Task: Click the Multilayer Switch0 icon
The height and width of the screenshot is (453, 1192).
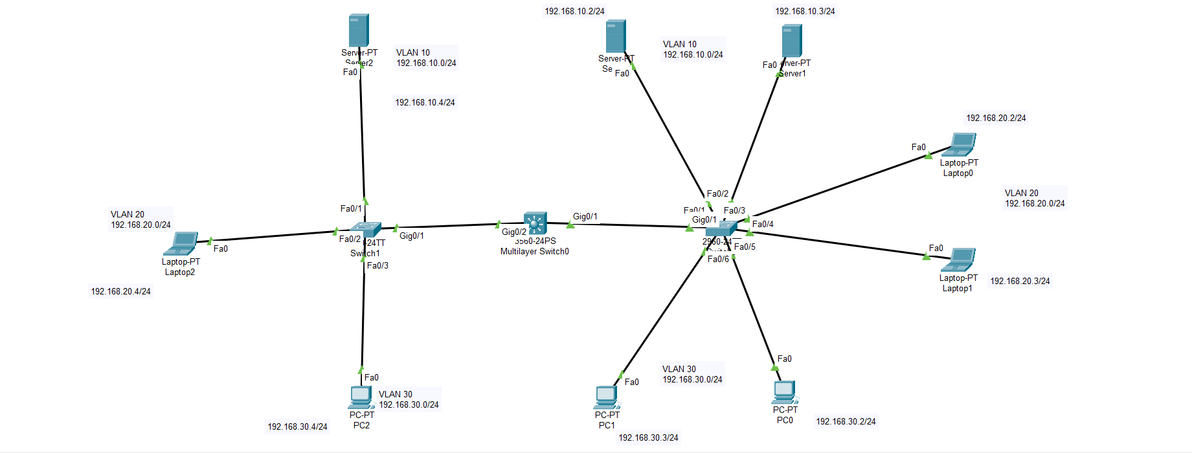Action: (x=535, y=224)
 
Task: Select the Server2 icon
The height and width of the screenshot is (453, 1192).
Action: (x=358, y=30)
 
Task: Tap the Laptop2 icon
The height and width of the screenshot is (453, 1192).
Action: (x=181, y=244)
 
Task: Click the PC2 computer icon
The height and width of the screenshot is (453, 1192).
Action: (x=361, y=397)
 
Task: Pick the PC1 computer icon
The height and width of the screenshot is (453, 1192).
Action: (x=606, y=397)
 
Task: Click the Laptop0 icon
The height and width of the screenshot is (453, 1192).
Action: (x=961, y=144)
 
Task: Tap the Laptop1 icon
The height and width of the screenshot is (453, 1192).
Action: (x=959, y=260)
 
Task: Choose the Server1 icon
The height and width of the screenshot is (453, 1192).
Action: (x=791, y=41)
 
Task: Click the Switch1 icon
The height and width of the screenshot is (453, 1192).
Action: (x=366, y=229)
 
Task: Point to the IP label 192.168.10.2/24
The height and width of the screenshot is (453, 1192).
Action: (x=574, y=11)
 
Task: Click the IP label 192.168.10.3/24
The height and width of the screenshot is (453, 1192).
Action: (x=805, y=11)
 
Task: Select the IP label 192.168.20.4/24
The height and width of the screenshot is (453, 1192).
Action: (x=120, y=291)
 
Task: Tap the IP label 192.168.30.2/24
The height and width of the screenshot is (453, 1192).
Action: (x=846, y=421)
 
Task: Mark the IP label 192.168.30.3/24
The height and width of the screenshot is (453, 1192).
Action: (x=648, y=437)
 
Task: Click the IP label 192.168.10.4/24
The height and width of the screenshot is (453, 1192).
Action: (x=425, y=102)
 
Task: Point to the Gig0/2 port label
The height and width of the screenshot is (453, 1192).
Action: (x=513, y=232)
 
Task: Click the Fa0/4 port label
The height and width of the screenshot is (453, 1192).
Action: (x=763, y=224)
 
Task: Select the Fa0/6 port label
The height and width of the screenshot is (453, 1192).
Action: (x=718, y=259)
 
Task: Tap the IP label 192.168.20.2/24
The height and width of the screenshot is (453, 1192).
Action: (x=996, y=118)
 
